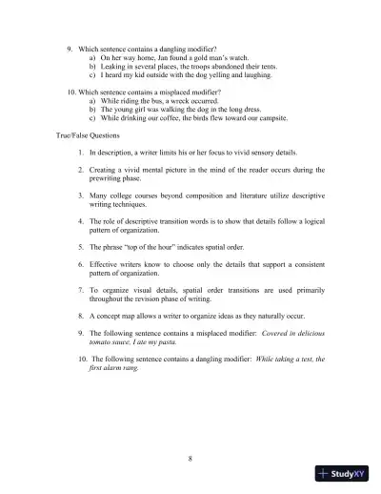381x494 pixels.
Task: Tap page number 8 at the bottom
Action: coord(190,459)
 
